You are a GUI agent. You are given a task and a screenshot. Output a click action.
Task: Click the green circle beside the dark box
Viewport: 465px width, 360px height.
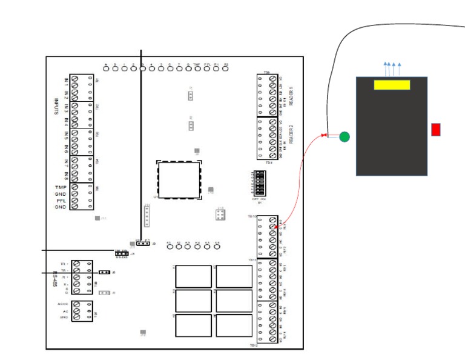pos(344,136)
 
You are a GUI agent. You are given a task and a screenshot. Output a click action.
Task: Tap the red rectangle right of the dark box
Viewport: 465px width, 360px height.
pos(435,129)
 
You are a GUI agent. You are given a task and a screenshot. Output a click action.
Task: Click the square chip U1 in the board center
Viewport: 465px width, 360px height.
pos(179,180)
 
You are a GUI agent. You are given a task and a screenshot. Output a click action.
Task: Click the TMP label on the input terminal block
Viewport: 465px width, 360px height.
pos(61,187)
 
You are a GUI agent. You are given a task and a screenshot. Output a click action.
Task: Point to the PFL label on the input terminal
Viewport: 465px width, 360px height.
pos(61,201)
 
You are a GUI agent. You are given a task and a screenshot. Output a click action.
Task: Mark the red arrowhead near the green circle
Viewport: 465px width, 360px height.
pos(325,135)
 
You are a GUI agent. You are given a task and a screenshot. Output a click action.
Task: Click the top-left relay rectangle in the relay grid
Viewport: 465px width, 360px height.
pos(193,276)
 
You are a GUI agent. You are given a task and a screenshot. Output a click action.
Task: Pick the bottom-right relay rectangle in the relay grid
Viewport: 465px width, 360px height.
pos(234,325)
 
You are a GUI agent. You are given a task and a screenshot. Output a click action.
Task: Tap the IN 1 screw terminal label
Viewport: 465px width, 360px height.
pos(66,81)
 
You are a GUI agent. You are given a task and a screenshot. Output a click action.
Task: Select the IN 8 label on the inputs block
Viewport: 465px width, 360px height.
pos(66,176)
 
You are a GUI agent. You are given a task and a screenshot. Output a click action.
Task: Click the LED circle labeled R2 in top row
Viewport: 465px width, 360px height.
pos(225,68)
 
